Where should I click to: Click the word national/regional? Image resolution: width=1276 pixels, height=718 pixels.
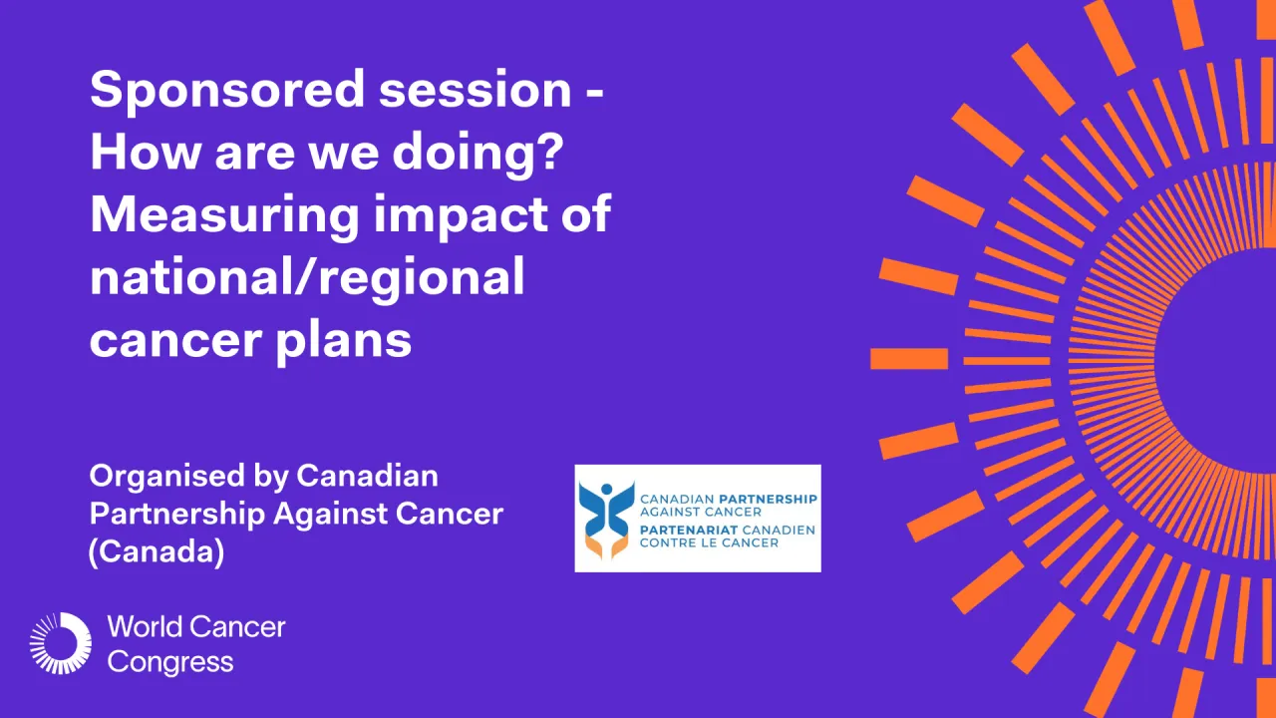[307, 278]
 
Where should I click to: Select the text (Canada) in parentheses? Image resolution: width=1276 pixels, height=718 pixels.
[157, 551]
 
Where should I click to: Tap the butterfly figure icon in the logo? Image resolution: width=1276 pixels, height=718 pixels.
[606, 519]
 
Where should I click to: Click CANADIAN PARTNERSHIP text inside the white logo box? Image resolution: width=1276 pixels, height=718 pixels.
[728, 499]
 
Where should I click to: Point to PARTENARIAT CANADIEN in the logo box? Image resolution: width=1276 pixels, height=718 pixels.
[728, 529]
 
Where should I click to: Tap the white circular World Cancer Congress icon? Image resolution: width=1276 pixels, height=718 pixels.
[60, 643]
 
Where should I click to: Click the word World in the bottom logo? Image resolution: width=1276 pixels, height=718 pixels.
[146, 627]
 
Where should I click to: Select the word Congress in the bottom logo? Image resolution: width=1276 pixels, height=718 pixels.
[170, 662]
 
